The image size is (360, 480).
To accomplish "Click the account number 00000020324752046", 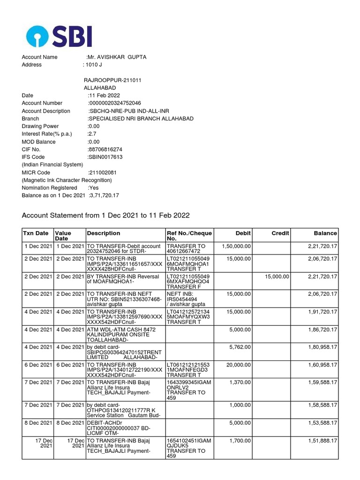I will pos(114,103).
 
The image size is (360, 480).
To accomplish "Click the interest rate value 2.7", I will pos(92,134).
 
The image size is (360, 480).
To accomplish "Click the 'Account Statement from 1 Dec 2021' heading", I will pos(106,215).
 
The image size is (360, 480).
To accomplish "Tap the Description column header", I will pos(103,233).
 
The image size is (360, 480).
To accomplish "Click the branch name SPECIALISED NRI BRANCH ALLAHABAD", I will pos(141,119).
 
